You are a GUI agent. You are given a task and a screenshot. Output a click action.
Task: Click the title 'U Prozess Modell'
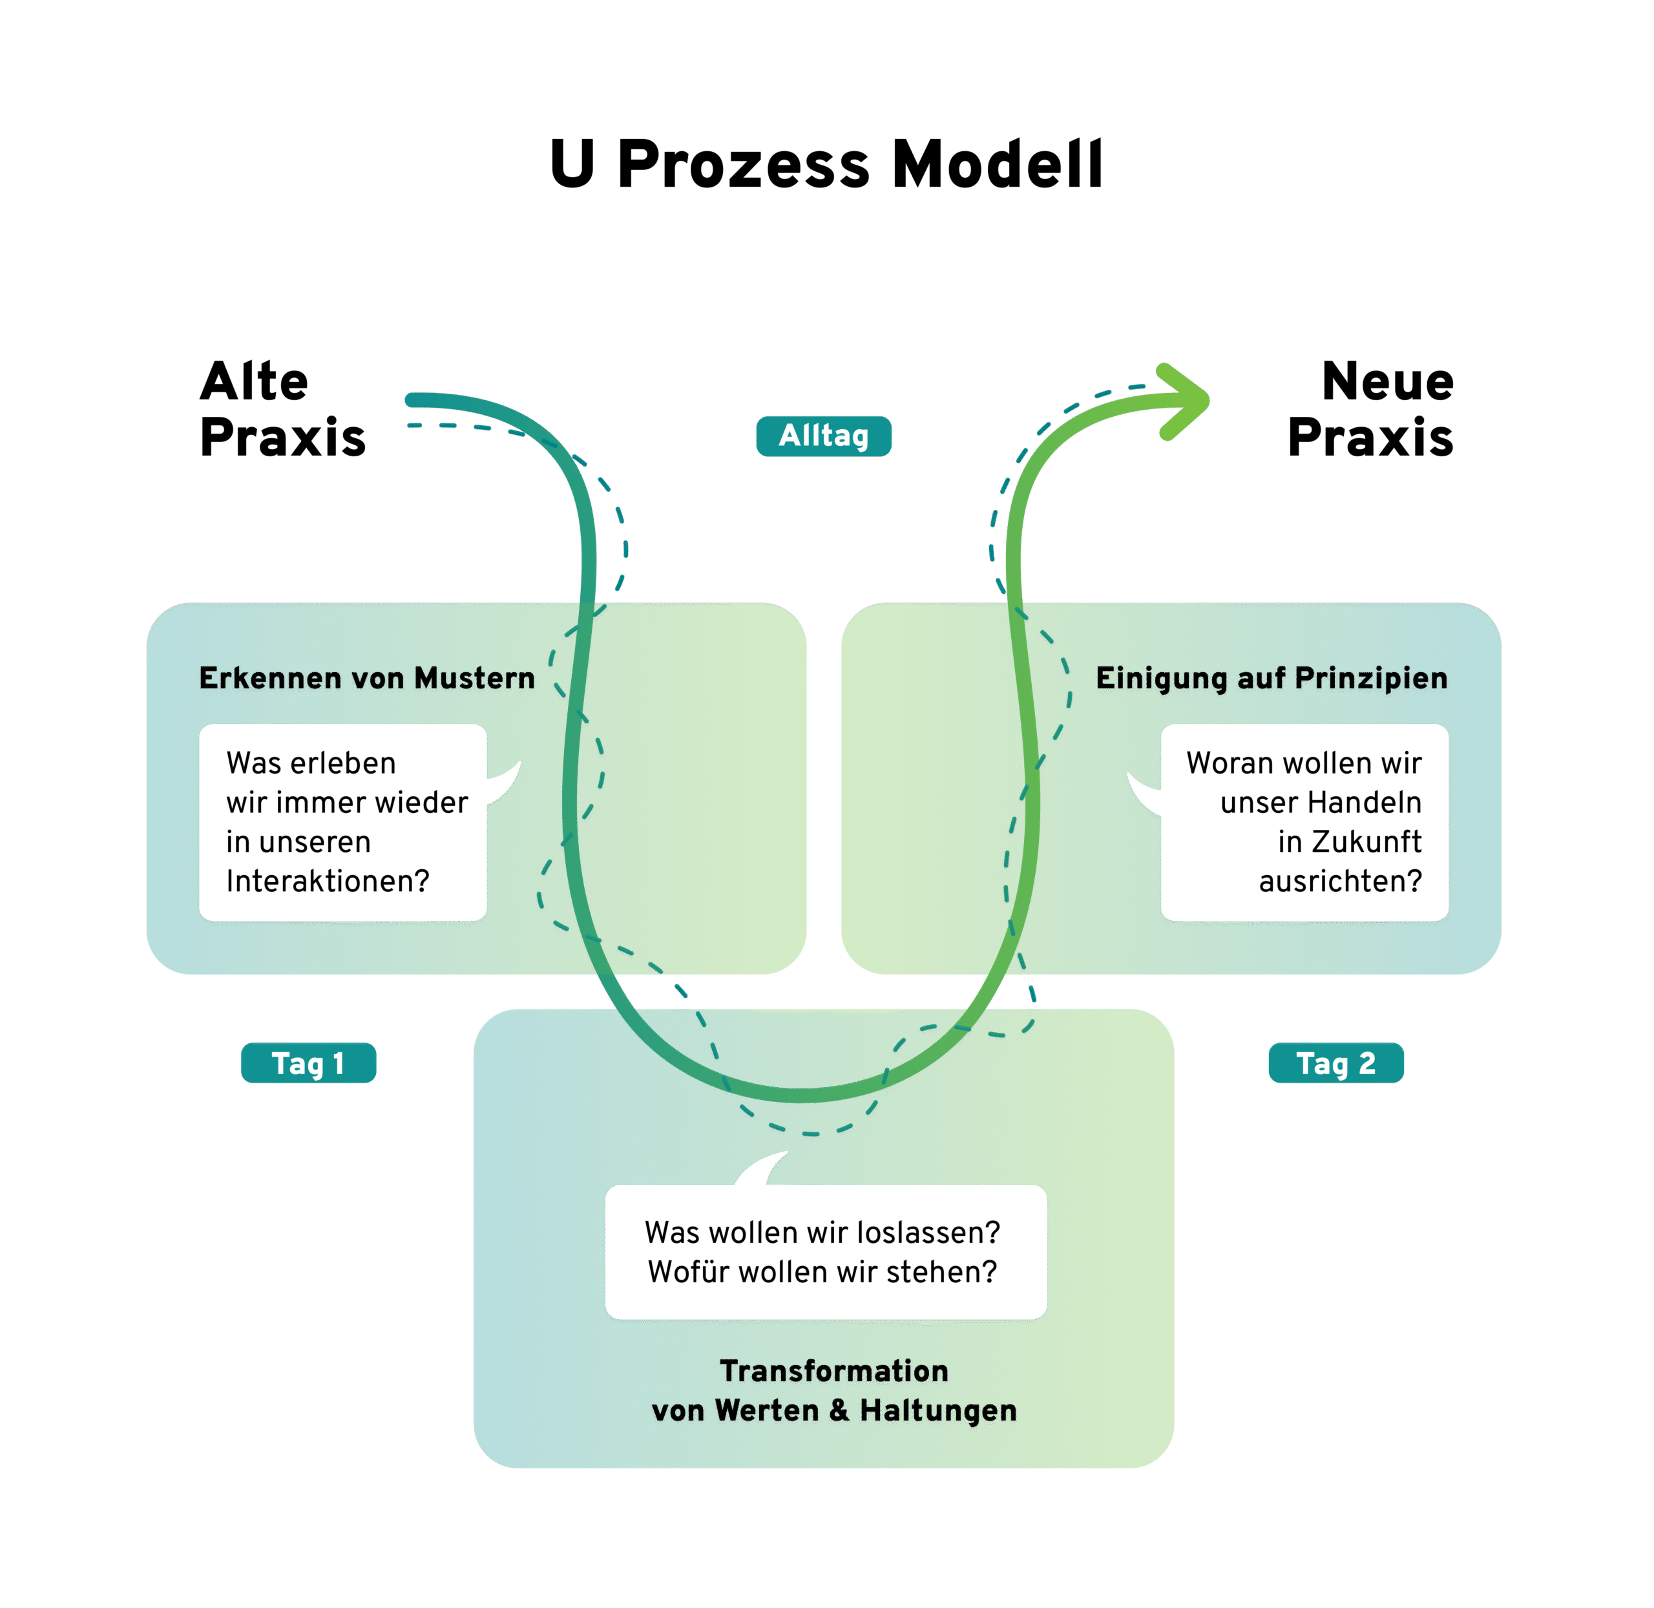pos(826,164)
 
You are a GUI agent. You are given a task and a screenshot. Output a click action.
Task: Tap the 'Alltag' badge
pos(823,436)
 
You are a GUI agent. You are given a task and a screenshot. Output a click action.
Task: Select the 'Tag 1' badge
pos(308,1063)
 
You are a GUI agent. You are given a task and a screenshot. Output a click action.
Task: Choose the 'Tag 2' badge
pos(1335,1063)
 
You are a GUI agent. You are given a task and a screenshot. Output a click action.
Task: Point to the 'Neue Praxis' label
pos(1370,408)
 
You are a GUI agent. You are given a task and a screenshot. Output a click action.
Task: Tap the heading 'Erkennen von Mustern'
pos(366,678)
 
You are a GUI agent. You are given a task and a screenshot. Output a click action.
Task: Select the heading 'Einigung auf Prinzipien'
pos(1271,678)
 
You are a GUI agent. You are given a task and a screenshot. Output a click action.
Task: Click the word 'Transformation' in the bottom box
pos(834,1371)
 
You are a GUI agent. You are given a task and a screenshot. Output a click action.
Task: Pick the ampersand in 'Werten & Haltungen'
pos(839,1410)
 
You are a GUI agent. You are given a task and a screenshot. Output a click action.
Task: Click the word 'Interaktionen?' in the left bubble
pos(328,881)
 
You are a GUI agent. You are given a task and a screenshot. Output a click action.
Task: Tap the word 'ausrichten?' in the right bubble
pos(1340,881)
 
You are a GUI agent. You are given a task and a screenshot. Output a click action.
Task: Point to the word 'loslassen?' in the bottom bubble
pos(928,1232)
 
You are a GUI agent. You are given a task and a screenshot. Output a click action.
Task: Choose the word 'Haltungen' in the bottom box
pos(938,1410)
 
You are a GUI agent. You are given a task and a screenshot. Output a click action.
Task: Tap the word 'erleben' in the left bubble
pos(342,763)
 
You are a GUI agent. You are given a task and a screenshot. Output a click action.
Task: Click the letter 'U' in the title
pos(572,164)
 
